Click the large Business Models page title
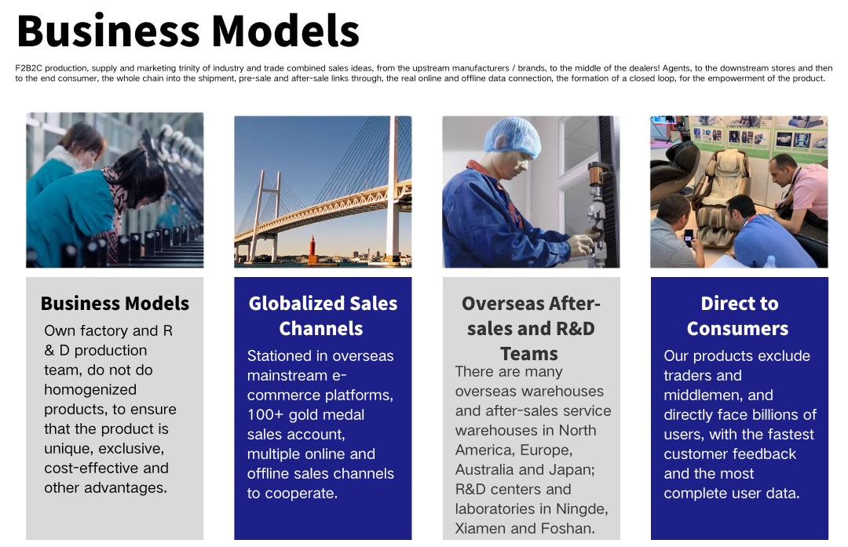pyautogui.click(x=188, y=31)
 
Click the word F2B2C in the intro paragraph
pyautogui.click(x=29, y=68)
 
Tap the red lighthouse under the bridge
pyautogui.click(x=313, y=250)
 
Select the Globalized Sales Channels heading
pyautogui.click(x=323, y=315)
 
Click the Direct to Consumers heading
pyautogui.click(x=739, y=315)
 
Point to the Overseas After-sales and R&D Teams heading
pyautogui.click(x=531, y=328)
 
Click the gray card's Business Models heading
pyautogui.click(x=115, y=303)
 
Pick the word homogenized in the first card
pyautogui.click(x=90, y=390)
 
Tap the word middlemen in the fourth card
pyautogui.click(x=718, y=396)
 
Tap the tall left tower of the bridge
pyautogui.click(x=270, y=214)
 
